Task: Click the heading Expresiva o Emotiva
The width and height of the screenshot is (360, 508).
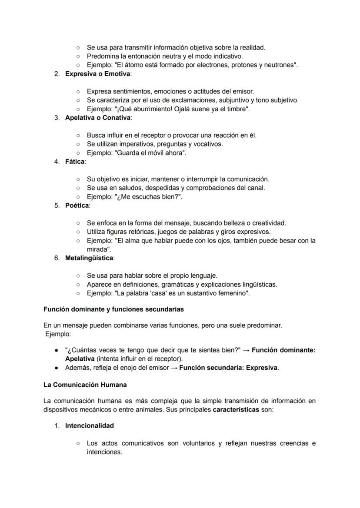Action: (97, 74)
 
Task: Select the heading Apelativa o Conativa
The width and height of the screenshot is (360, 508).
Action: (97, 118)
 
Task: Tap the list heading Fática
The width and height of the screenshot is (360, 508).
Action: (75, 162)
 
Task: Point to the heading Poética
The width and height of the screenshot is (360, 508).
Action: (77, 206)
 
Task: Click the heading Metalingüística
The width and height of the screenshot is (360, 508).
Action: (89, 258)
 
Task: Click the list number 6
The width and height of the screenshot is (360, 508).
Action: (57, 258)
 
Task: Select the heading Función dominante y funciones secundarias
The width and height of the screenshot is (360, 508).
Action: (113, 309)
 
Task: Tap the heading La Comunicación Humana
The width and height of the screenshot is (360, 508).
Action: (85, 385)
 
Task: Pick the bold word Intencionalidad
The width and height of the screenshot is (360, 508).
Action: (90, 425)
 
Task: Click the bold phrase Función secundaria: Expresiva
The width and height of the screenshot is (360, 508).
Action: (228, 368)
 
